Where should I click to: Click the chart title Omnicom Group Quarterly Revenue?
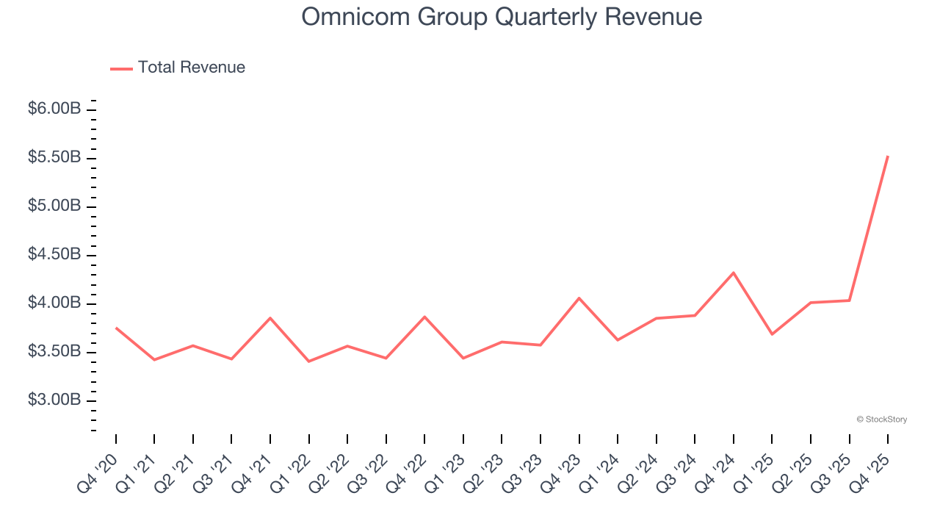(502, 17)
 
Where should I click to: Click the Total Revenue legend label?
(191, 68)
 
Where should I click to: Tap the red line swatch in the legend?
(121, 68)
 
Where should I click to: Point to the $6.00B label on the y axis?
(54, 109)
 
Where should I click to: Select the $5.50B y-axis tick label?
(54, 157)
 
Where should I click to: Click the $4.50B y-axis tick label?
(54, 254)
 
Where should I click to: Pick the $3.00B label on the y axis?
(54, 400)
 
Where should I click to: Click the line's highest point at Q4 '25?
(888, 156)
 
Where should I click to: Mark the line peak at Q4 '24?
(734, 273)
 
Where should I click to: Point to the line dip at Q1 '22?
(308, 361)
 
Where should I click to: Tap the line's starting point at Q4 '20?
(116, 328)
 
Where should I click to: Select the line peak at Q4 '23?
(579, 298)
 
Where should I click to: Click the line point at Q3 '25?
(850, 300)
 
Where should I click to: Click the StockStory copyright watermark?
(881, 420)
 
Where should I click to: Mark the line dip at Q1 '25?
(772, 334)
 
